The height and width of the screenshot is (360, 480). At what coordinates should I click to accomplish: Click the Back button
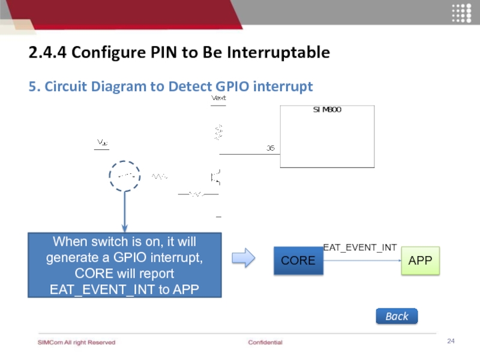[x=397, y=316]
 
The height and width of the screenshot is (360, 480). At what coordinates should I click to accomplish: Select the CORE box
[x=298, y=260]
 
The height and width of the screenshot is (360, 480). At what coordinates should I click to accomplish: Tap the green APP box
[x=420, y=260]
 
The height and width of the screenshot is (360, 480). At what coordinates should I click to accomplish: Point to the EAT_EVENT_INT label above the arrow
[x=360, y=247]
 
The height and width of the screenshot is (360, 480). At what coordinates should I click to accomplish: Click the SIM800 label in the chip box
[x=327, y=110]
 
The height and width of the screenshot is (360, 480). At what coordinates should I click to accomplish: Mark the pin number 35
[x=271, y=148]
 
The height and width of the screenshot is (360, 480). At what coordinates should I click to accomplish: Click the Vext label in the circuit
[x=218, y=97]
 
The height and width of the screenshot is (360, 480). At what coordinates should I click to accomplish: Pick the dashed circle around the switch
[x=125, y=176]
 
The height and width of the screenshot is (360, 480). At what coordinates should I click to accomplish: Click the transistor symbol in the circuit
[x=215, y=177]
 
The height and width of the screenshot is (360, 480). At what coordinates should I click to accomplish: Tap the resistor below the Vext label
[x=218, y=132]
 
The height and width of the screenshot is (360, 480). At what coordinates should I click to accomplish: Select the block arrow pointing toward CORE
[x=244, y=259]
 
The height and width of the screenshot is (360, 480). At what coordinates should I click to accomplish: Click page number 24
[x=451, y=341]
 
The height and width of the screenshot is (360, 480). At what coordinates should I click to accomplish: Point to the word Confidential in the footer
[x=265, y=342]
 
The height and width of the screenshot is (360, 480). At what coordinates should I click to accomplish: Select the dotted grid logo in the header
[x=461, y=13]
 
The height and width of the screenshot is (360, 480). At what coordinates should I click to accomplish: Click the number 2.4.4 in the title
[x=47, y=53]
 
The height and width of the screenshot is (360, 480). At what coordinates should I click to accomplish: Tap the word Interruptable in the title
[x=283, y=53]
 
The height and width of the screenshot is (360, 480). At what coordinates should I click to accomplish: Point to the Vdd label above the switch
[x=103, y=142]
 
